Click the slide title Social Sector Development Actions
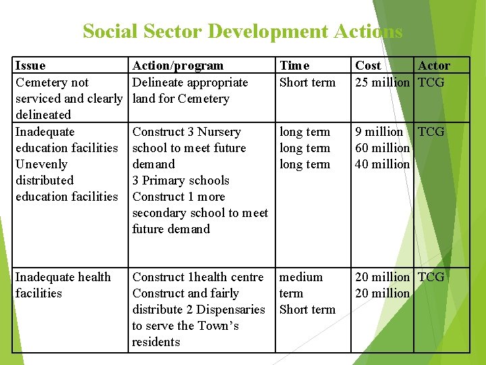tap(242, 31)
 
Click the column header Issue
tap(30, 66)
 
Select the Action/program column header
tap(178, 66)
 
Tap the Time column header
tap(294, 66)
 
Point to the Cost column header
tap(368, 66)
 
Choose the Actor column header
tap(434, 66)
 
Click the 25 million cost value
tap(382, 82)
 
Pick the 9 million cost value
tap(379, 132)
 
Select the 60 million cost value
tap(382, 148)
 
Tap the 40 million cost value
tap(382, 164)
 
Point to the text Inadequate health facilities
tap(63, 285)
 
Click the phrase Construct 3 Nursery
tap(186, 132)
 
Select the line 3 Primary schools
tap(181, 180)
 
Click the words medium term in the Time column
tap(301, 285)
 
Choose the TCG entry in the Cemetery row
tap(431, 82)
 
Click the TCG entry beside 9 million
tap(431, 132)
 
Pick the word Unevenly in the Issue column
tap(41, 164)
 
